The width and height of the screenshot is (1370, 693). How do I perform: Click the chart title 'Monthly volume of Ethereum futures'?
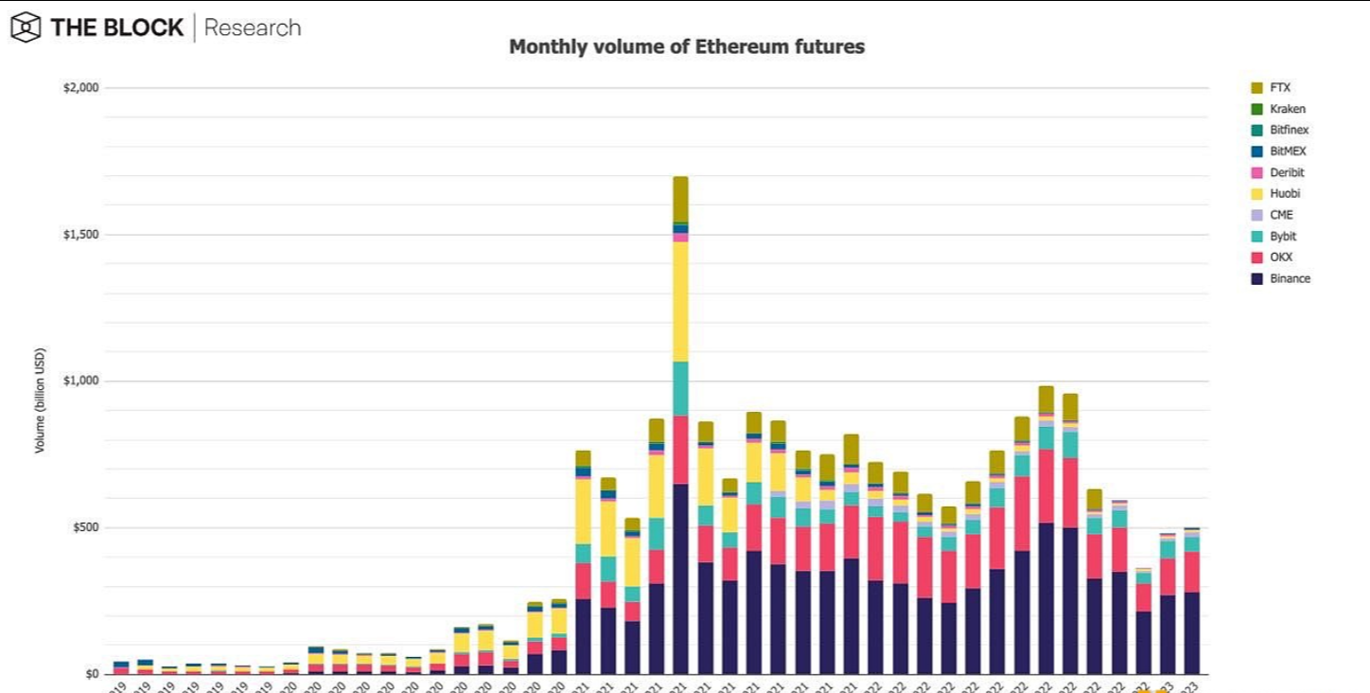pyautogui.click(x=686, y=46)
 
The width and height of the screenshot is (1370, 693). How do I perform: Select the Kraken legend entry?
pyautogui.click(x=1287, y=109)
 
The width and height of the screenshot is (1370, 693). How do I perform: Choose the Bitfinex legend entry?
pyautogui.click(x=1289, y=130)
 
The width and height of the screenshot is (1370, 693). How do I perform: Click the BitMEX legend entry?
pyautogui.click(x=1288, y=151)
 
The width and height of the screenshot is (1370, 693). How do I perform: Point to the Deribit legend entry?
pyautogui.click(x=1287, y=172)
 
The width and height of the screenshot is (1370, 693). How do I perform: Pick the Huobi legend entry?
pyautogui.click(x=1285, y=194)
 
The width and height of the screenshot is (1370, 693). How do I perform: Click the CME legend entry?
pyautogui.click(x=1281, y=215)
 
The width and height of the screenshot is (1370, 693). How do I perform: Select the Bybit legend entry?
pyautogui.click(x=1283, y=236)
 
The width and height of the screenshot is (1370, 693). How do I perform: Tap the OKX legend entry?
pyautogui.click(x=1281, y=258)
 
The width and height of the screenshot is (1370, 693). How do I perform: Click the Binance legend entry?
pyautogui.click(x=1290, y=278)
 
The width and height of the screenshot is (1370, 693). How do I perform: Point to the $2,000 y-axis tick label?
pyautogui.click(x=80, y=88)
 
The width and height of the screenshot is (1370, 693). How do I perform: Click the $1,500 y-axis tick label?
pyautogui.click(x=80, y=235)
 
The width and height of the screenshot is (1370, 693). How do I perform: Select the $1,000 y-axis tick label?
pyautogui.click(x=80, y=381)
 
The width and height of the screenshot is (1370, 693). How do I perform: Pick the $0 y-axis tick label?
pyautogui.click(x=91, y=674)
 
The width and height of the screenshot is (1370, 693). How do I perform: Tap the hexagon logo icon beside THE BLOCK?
pyautogui.click(x=26, y=27)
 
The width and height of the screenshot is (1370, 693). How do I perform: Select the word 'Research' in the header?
pyautogui.click(x=253, y=27)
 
